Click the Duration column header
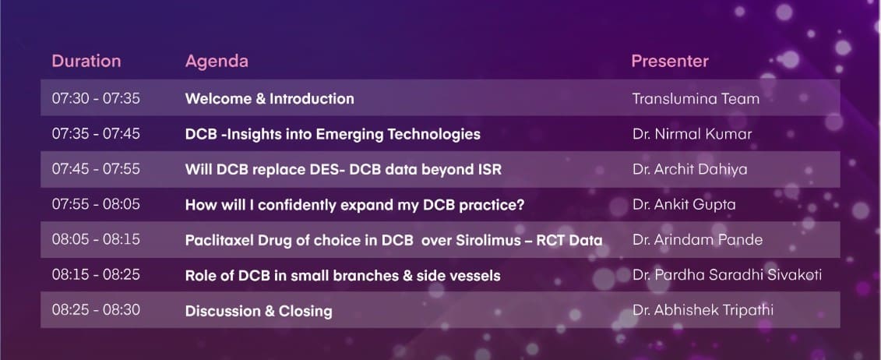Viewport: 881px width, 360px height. click(x=86, y=61)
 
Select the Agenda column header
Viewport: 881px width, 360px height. click(x=217, y=62)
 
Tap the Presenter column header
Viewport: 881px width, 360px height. click(x=670, y=61)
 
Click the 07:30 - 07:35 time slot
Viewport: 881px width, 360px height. click(x=96, y=98)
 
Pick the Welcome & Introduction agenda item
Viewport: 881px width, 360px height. click(x=270, y=99)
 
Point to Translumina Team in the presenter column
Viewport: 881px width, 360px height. click(x=696, y=99)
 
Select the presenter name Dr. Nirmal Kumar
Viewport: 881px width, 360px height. click(x=692, y=134)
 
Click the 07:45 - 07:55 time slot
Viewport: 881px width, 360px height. click(x=96, y=168)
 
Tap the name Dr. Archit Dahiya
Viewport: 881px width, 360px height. click(x=690, y=169)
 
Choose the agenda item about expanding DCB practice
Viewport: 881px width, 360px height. click(x=354, y=205)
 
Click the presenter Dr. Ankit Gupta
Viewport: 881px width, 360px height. click(x=684, y=204)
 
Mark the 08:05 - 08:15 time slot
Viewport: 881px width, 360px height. click(x=96, y=239)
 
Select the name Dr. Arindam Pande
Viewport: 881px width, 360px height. click(x=697, y=240)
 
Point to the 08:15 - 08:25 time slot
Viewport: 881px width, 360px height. click(x=96, y=274)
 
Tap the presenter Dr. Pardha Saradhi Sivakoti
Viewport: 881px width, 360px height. click(x=727, y=274)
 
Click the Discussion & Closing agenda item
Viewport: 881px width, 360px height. click(x=259, y=311)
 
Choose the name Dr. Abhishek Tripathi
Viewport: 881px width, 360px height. click(x=703, y=310)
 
